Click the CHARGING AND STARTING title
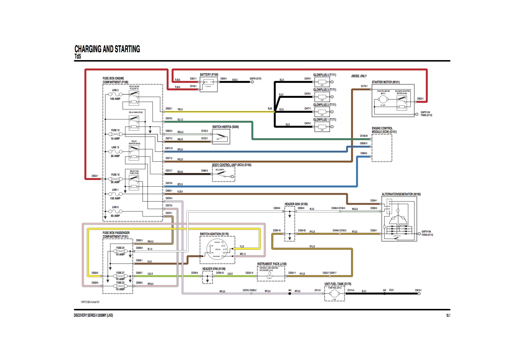tap(107, 49)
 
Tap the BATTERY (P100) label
tap(209, 75)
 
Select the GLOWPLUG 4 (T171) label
tap(324, 75)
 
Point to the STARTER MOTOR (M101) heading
tap(386, 82)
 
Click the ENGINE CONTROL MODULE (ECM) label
tap(384, 130)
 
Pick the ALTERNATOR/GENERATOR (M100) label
tap(401, 194)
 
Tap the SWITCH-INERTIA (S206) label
tap(225, 127)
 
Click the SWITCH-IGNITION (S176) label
tap(214, 234)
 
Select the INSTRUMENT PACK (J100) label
tap(271, 264)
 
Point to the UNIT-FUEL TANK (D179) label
tap(338, 284)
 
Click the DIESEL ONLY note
tap(359, 76)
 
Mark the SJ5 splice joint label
tap(270, 109)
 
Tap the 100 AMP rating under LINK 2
tap(115, 99)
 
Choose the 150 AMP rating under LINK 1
tap(115, 199)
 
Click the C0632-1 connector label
tap(95, 176)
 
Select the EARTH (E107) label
tap(256, 79)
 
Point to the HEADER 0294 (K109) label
tap(296, 204)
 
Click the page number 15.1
tap(448, 315)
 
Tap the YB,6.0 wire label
tap(180, 109)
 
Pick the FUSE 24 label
tap(120, 248)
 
